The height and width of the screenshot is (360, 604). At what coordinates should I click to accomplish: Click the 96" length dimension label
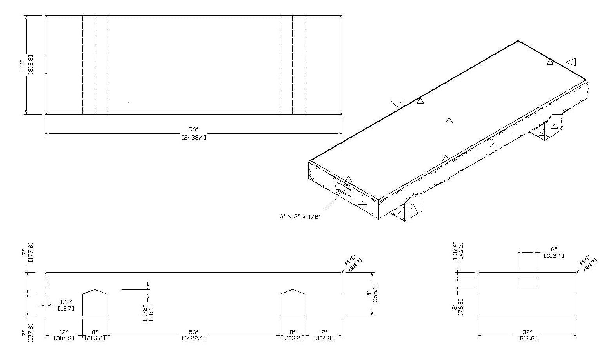click(x=193, y=130)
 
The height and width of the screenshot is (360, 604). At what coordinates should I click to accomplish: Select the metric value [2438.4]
click(x=193, y=137)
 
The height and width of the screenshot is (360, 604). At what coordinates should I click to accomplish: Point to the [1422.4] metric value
click(x=193, y=338)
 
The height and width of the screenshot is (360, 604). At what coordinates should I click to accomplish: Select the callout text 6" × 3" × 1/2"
click(x=300, y=216)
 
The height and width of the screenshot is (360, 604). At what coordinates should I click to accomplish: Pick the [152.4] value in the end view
click(x=554, y=256)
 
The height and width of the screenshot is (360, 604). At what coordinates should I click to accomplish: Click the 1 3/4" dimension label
click(x=455, y=251)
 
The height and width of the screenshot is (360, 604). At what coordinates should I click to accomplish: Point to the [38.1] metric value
click(x=151, y=313)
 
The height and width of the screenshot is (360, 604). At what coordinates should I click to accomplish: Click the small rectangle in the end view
click(x=527, y=282)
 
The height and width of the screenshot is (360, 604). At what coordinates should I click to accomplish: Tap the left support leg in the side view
click(x=95, y=304)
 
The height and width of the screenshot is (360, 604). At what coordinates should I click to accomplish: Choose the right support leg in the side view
click(x=293, y=304)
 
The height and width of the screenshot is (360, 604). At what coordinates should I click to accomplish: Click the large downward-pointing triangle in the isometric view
click(x=397, y=104)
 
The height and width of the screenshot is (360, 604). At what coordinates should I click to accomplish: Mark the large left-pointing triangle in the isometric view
click(x=571, y=62)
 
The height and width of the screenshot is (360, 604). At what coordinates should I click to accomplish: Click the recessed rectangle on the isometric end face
click(x=344, y=189)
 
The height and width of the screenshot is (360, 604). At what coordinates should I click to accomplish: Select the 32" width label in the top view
click(x=23, y=65)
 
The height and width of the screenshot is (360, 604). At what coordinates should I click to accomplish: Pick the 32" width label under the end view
click(x=527, y=332)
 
